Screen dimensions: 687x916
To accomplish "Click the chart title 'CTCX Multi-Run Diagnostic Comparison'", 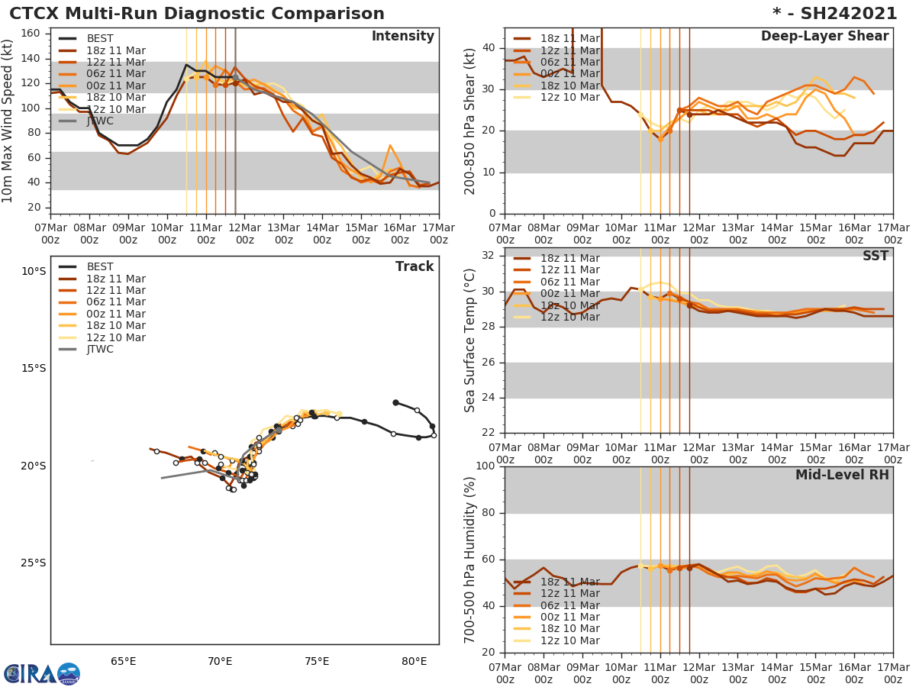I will (197, 14).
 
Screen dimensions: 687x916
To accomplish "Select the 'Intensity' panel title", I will (402, 37).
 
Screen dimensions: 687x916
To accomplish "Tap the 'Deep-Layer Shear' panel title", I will (824, 37).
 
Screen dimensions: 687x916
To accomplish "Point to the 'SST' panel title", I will (876, 256).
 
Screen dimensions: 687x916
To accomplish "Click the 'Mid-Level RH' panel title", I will (842, 475).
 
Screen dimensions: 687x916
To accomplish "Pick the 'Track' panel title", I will (414, 266).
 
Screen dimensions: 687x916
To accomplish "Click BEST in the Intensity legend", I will (100, 39).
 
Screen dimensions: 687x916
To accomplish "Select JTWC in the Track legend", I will (100, 350).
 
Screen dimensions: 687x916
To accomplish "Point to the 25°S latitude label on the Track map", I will (33, 563).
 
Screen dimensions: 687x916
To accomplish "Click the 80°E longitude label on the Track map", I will (414, 661).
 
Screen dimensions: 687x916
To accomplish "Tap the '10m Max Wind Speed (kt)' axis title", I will (8, 121).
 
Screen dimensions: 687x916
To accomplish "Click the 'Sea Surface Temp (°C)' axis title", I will (471, 340).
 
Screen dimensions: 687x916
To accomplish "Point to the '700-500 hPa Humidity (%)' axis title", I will (471, 560).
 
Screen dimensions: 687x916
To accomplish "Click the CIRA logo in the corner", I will (41, 673).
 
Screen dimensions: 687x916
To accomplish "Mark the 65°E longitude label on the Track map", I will (124, 661).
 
